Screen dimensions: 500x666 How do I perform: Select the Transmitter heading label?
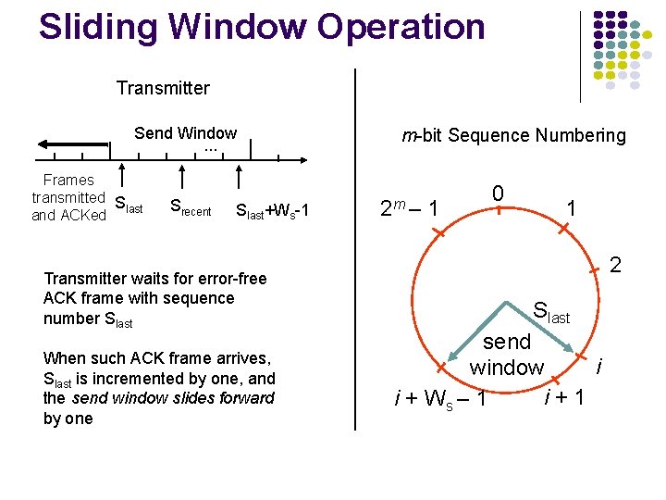(x=163, y=89)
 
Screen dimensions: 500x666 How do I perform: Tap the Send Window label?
(x=185, y=133)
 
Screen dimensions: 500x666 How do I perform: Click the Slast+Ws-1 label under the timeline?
(x=272, y=212)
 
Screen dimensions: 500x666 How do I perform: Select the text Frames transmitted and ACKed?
(x=68, y=197)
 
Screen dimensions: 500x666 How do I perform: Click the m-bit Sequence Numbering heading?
(x=513, y=136)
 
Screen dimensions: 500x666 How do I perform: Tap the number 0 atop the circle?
(x=498, y=193)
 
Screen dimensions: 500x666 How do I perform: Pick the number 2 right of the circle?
(x=615, y=267)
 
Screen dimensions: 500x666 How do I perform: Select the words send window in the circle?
(x=506, y=355)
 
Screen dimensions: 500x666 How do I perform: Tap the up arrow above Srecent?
(x=183, y=178)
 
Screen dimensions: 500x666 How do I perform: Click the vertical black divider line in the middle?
(x=355, y=250)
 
